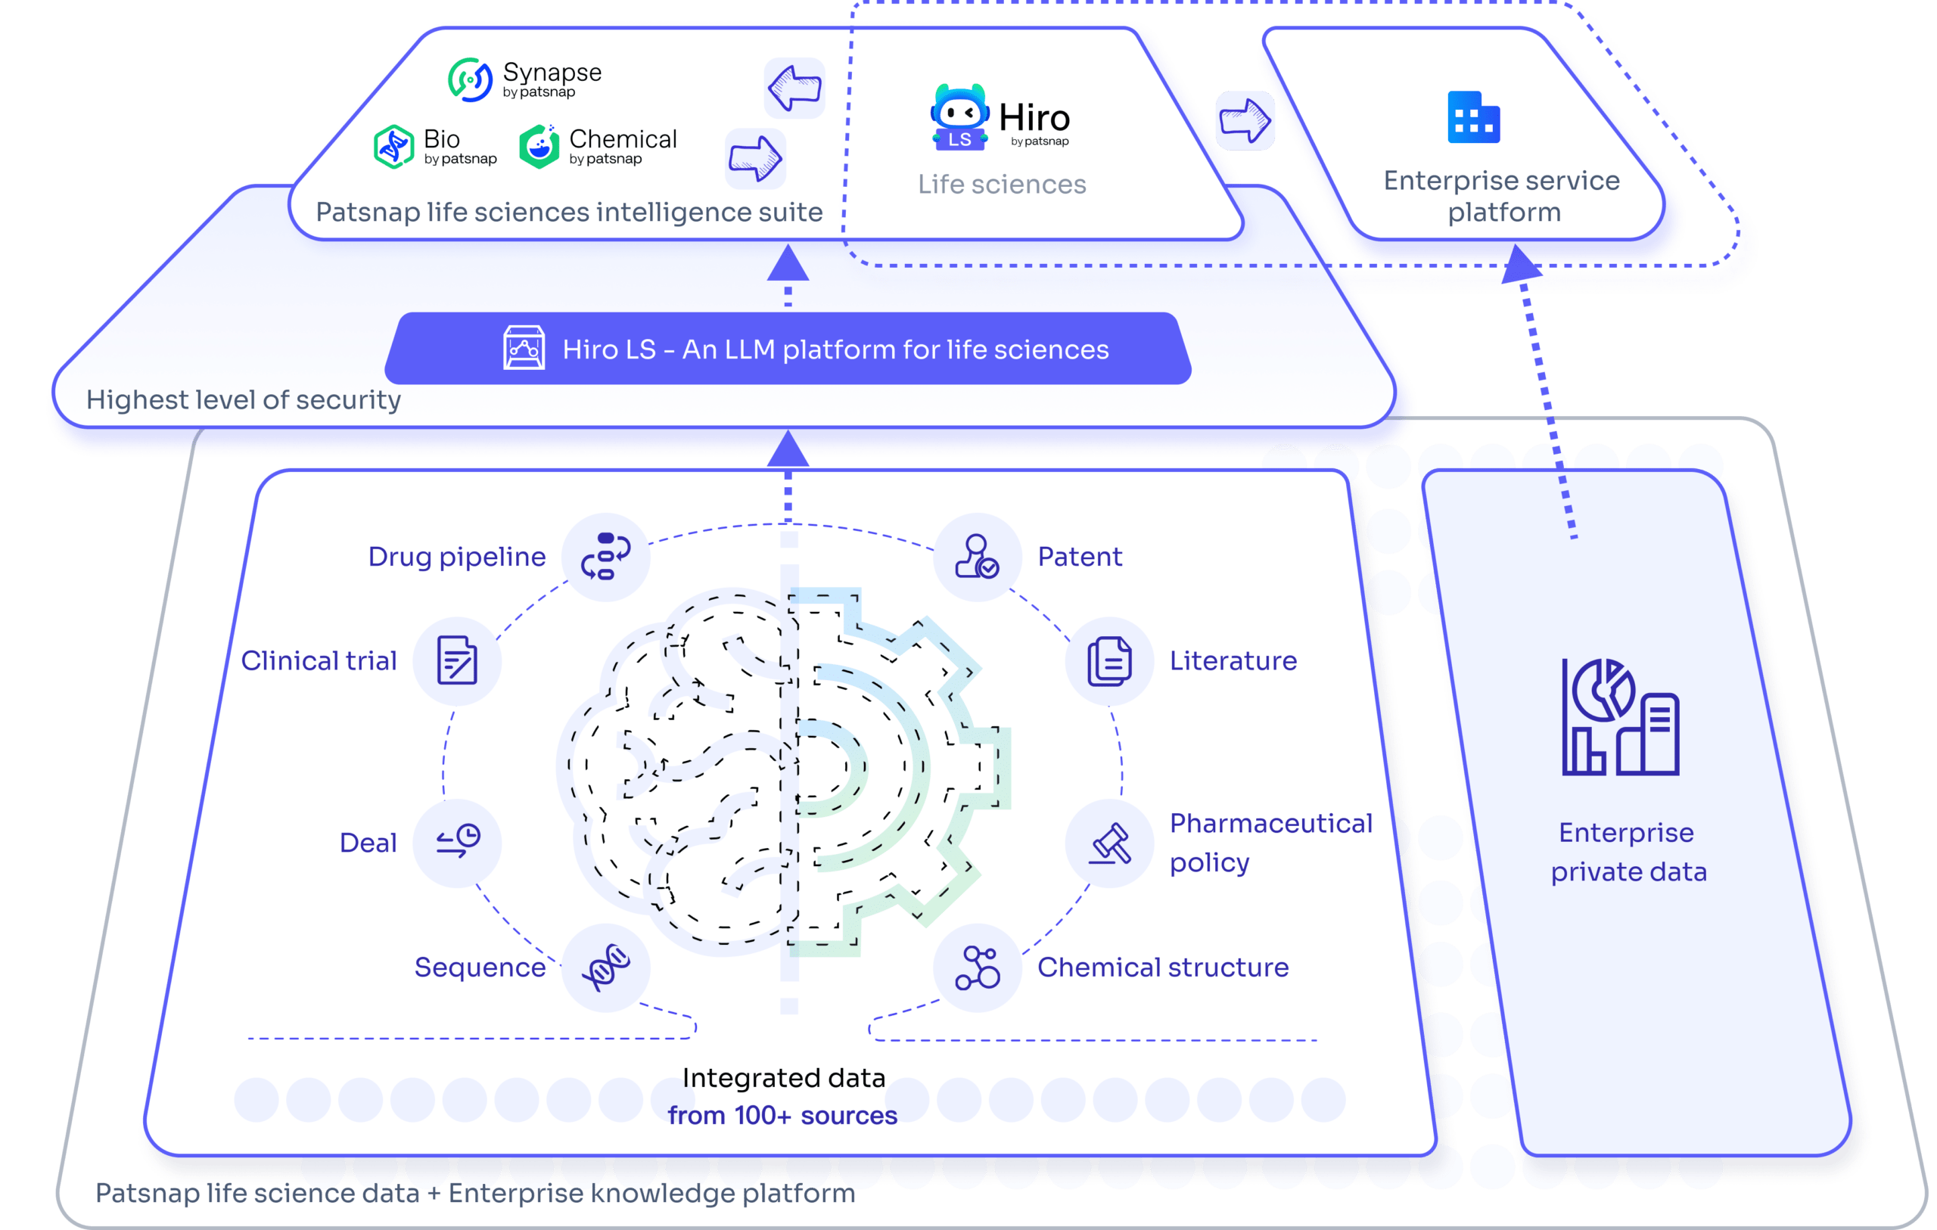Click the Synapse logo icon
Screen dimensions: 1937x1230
click(x=470, y=79)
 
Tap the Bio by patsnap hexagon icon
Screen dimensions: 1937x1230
click(x=393, y=147)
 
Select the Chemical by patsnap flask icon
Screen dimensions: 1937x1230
click(x=539, y=147)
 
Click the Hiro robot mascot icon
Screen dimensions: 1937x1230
click(x=959, y=116)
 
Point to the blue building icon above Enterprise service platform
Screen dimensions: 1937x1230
click(x=1474, y=117)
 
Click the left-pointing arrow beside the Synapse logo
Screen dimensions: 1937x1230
click(x=794, y=88)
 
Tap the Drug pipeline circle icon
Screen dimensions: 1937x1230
click(x=606, y=557)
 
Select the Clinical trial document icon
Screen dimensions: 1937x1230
click(x=457, y=660)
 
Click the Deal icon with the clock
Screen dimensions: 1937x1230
click(x=457, y=842)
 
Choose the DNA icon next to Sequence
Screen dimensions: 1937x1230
click(x=606, y=967)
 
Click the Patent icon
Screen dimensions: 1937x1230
click(x=978, y=557)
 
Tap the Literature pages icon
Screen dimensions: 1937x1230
click(x=1109, y=660)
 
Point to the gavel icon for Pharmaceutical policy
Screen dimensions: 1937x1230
click(x=1109, y=843)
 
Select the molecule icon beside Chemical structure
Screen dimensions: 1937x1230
click(x=978, y=967)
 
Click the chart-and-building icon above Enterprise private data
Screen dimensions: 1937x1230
click(x=1620, y=717)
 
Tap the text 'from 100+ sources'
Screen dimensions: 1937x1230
click(x=782, y=1116)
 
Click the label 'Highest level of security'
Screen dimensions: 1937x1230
click(x=244, y=400)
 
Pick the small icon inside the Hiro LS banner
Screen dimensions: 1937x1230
click(x=524, y=347)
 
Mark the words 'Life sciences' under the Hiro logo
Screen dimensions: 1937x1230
click(x=1002, y=185)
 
